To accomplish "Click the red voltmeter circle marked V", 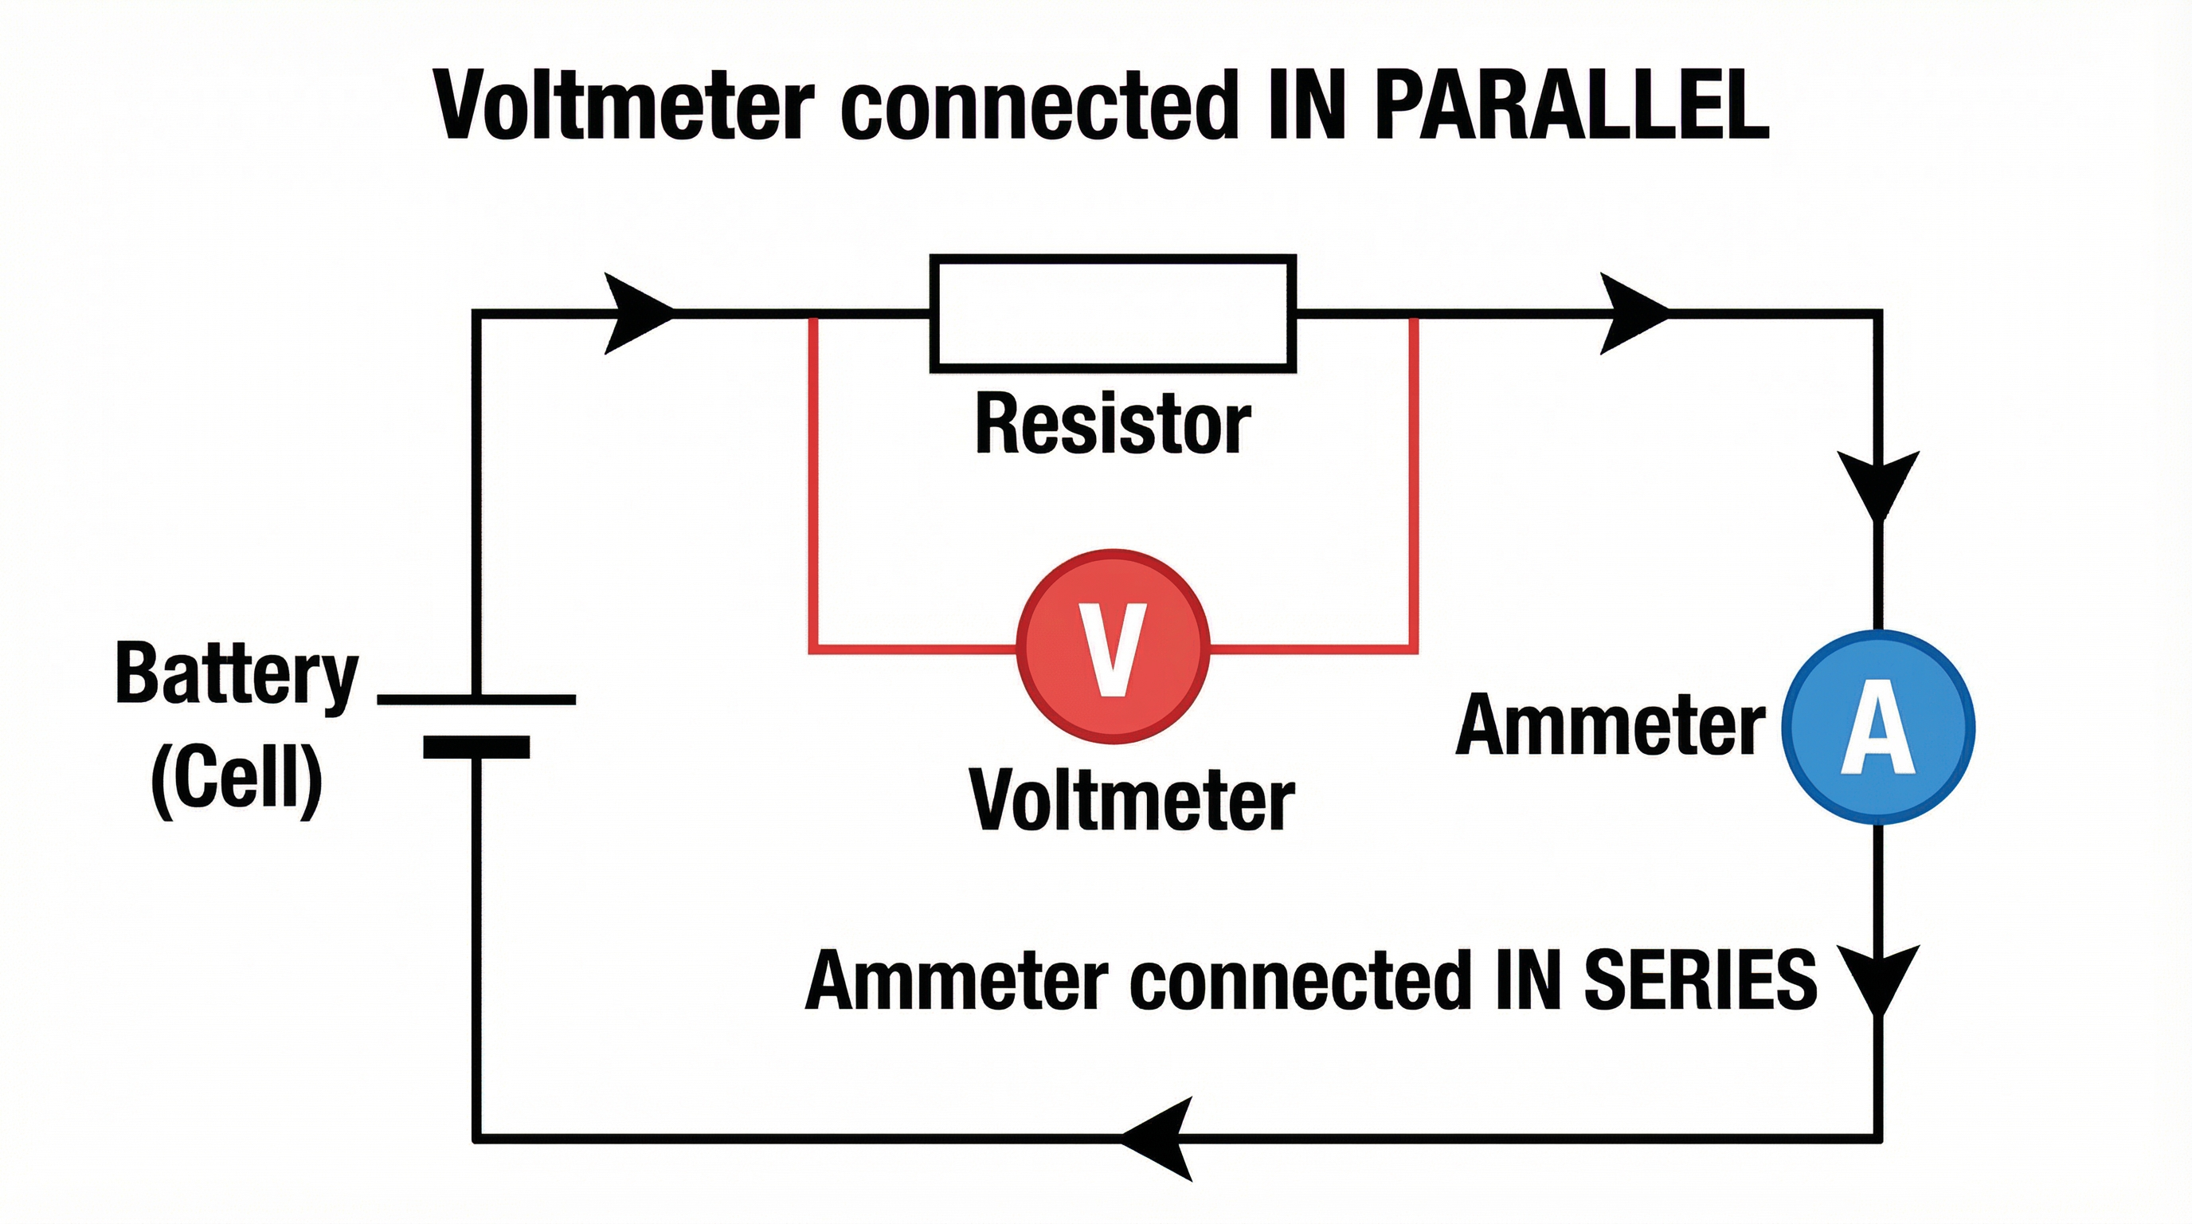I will point(1112,647).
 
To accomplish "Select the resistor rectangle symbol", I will point(1112,313).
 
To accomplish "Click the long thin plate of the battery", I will point(476,700).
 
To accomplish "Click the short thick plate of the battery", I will point(476,747).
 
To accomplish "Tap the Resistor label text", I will point(1112,424).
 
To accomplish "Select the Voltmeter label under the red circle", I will point(1132,800).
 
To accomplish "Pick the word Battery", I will point(237,674).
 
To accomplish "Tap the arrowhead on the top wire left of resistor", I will point(636,313).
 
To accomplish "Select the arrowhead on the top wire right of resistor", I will point(1632,313).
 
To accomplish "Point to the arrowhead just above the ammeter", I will point(1878,484).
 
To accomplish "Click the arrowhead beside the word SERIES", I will point(1878,979).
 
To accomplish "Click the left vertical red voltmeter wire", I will point(813,485).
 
